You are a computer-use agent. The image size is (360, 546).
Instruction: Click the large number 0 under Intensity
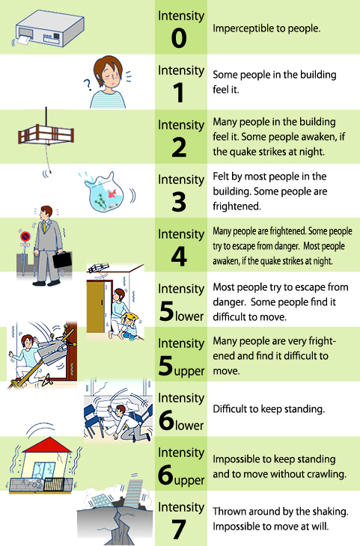[x=179, y=37]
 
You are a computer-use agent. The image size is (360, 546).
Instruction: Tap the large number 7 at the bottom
[x=179, y=530]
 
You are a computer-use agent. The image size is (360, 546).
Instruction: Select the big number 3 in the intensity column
[x=179, y=202]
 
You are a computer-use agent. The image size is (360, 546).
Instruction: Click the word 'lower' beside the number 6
[x=189, y=425]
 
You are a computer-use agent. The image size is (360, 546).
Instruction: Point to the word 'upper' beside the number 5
[x=189, y=372]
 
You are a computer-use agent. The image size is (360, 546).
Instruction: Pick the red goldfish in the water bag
[x=112, y=193]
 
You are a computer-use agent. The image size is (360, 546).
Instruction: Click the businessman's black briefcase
[x=62, y=260]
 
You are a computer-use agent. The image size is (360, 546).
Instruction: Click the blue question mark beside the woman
[x=87, y=85]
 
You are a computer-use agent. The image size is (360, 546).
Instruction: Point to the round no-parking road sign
[x=25, y=237]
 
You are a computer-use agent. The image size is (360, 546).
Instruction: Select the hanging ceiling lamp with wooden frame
[x=46, y=135]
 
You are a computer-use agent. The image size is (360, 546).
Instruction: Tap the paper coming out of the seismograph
[x=24, y=40]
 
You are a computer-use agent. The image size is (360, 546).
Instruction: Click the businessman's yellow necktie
[x=44, y=227]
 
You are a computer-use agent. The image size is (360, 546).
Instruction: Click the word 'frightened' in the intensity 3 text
[x=237, y=206]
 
